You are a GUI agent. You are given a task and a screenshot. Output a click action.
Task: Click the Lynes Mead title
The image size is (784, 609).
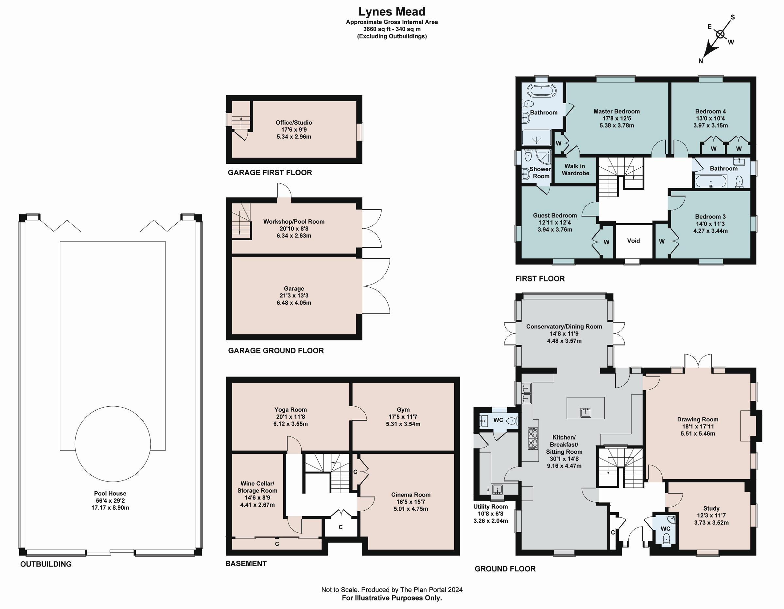point(392,12)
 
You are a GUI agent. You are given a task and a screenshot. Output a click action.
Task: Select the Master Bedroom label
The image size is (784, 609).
point(616,111)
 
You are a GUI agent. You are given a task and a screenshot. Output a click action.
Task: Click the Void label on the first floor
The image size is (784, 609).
point(633,241)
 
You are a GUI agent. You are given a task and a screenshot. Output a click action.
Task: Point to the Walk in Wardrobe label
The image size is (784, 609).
point(575,169)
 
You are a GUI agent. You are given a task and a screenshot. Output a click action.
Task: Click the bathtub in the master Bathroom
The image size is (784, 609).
point(542,91)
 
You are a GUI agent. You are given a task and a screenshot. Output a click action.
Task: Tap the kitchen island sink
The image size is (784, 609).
point(585,412)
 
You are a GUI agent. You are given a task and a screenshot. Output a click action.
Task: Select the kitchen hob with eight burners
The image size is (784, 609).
point(533,438)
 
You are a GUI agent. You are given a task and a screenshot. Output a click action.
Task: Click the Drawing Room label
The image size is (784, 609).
point(697,419)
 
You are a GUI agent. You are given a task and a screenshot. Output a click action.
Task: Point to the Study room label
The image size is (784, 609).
point(711,509)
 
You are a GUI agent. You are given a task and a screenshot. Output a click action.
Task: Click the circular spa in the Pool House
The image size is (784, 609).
point(113,444)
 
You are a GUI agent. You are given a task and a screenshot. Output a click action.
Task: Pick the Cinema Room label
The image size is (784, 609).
point(411,495)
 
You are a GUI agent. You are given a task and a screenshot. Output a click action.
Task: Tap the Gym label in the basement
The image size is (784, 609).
point(403,410)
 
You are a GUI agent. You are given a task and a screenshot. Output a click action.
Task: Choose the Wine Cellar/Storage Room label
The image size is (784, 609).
point(257,487)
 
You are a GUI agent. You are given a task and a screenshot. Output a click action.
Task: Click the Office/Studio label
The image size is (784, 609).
point(294,123)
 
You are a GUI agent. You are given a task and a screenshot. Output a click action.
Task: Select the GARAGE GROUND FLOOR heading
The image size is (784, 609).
point(276,351)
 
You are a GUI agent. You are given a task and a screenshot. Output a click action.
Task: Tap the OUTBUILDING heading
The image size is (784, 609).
point(46,564)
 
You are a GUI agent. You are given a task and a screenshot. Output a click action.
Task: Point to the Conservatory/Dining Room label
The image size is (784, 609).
point(564,327)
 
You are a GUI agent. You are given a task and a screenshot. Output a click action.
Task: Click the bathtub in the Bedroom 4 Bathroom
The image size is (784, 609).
point(711,181)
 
